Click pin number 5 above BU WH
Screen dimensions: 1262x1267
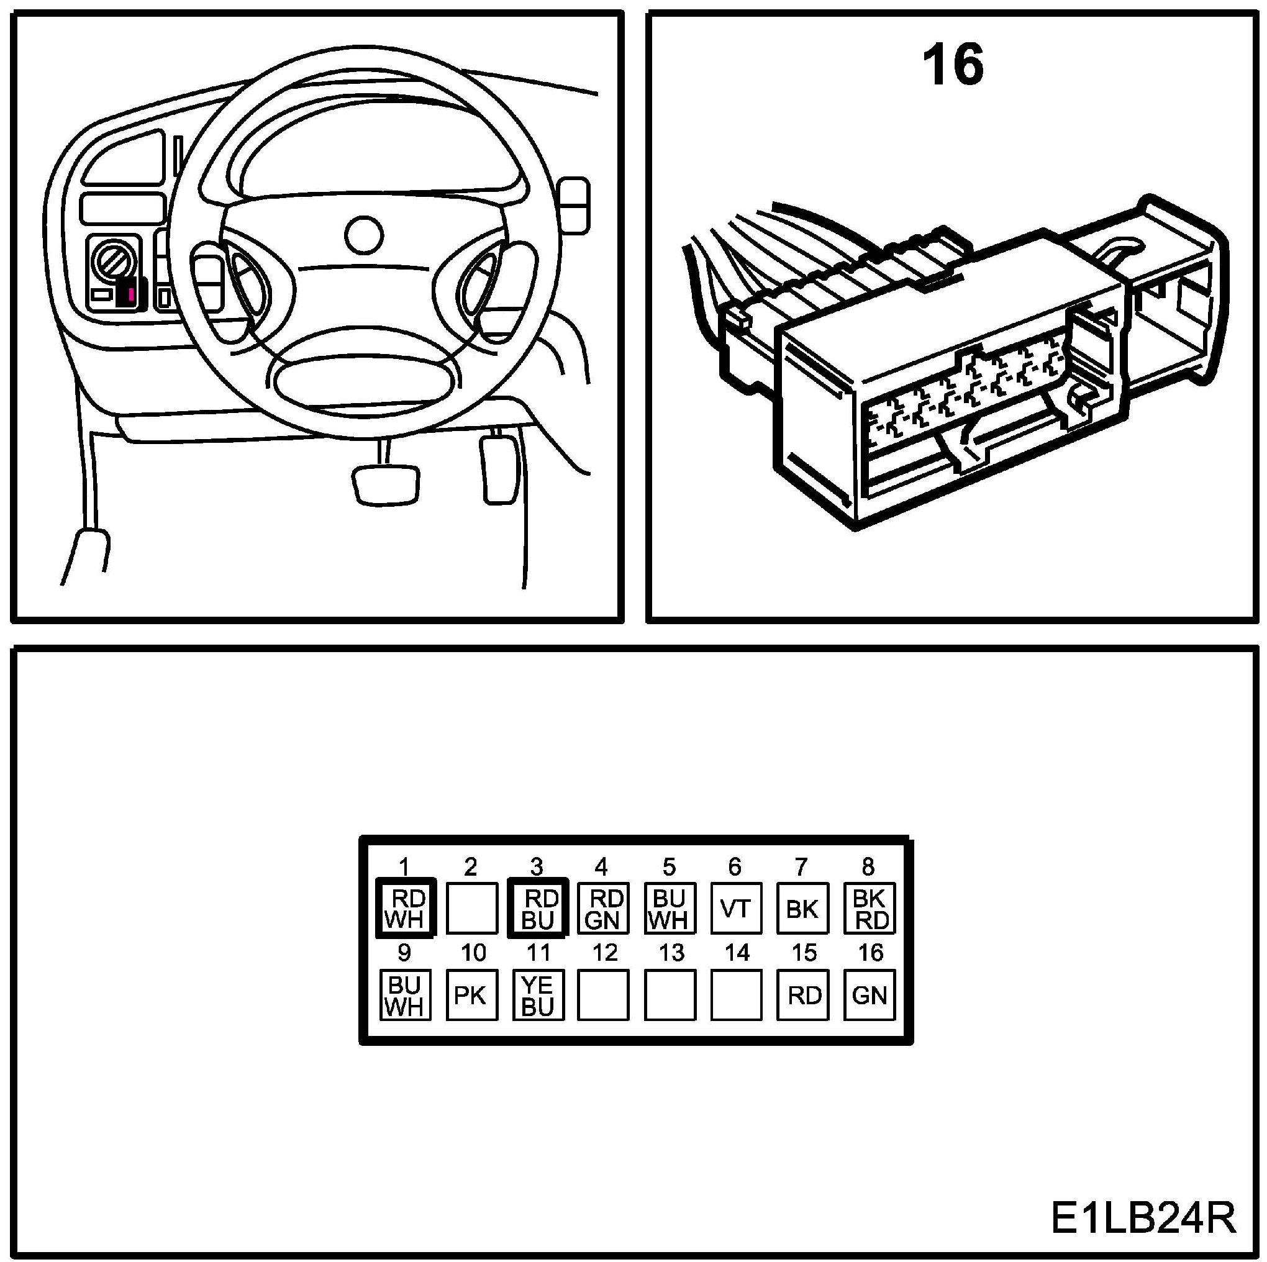pyautogui.click(x=668, y=867)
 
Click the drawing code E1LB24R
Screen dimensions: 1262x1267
pyautogui.click(x=1142, y=1219)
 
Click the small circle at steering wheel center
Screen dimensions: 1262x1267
pyautogui.click(x=363, y=235)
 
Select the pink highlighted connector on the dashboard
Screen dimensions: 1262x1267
pyautogui.click(x=131, y=293)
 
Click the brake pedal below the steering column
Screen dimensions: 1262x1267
pyautogui.click(x=385, y=484)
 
